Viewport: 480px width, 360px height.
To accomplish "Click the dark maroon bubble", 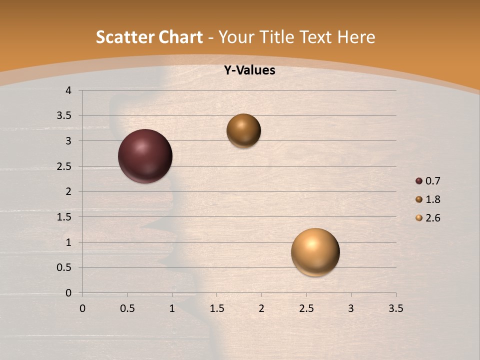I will click(x=145, y=156).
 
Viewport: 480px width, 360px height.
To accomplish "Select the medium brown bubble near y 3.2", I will click(x=243, y=130).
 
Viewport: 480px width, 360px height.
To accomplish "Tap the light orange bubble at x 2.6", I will click(x=315, y=252).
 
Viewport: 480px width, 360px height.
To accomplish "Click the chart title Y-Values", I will click(x=249, y=70).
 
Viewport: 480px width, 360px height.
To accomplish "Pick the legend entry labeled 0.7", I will click(x=432, y=181).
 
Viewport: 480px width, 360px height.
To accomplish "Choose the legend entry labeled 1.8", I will click(x=432, y=199).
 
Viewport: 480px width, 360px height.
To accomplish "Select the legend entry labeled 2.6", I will click(x=432, y=218).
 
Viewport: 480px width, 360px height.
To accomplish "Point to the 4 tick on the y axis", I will click(x=68, y=90).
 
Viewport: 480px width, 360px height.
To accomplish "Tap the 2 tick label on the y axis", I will click(x=68, y=191).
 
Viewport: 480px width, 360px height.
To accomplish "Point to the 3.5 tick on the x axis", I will click(x=395, y=308).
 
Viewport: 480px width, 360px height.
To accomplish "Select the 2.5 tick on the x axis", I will click(x=306, y=308).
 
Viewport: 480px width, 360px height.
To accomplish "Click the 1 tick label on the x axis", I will click(x=172, y=308).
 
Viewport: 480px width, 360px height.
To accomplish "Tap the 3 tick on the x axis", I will click(x=351, y=308).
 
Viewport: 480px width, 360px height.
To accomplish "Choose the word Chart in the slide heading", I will click(x=180, y=37).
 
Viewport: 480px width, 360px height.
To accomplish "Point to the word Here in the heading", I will click(x=356, y=37).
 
